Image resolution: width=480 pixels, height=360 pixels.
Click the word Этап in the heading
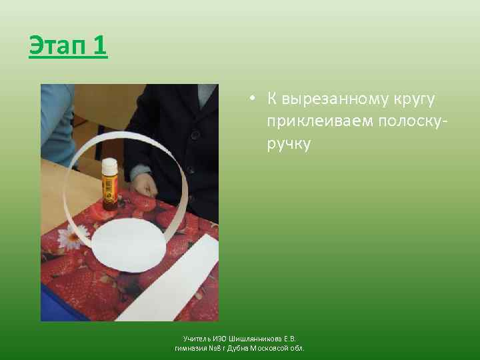click(x=57, y=46)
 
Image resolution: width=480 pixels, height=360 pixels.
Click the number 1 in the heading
click(x=99, y=46)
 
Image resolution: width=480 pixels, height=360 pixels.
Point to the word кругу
click(x=410, y=99)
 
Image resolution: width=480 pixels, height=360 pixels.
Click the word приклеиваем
click(x=319, y=121)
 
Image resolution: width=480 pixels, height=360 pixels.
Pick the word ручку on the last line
click(x=289, y=143)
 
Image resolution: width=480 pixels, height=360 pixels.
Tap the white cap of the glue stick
click(x=109, y=165)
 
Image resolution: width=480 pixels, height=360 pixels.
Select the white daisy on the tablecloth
click(x=69, y=237)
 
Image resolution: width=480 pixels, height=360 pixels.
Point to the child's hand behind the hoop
click(x=143, y=181)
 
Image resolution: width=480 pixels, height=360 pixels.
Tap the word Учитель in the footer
click(x=197, y=339)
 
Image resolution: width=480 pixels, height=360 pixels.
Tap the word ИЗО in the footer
click(x=219, y=339)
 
